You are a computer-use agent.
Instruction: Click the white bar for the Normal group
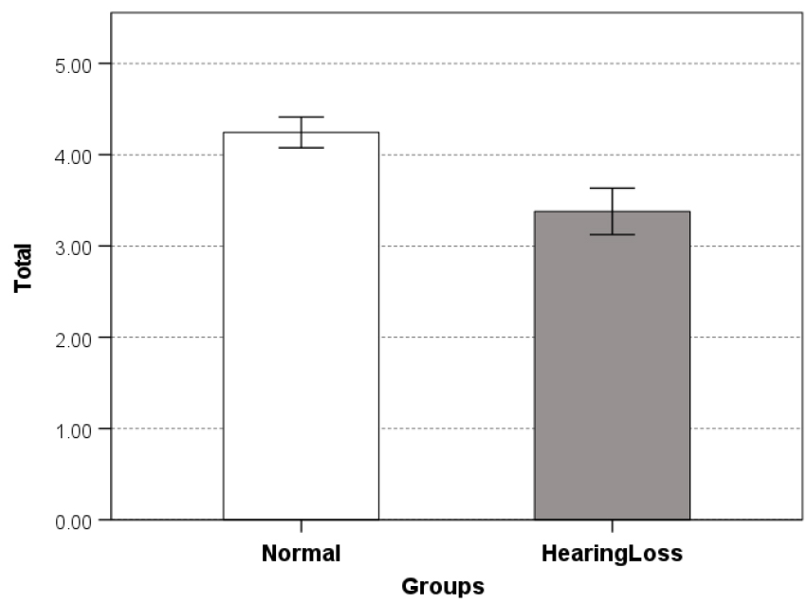click(x=301, y=327)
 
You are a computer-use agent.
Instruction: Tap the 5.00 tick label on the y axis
click(x=70, y=64)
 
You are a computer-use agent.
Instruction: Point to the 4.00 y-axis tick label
click(x=70, y=156)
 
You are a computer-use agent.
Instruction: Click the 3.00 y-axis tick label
click(x=70, y=247)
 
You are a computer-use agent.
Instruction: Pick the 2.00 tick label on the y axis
click(x=70, y=338)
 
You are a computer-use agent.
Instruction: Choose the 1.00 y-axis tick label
click(x=70, y=430)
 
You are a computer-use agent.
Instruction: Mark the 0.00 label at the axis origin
click(x=70, y=521)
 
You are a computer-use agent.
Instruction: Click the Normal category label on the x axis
click(x=301, y=554)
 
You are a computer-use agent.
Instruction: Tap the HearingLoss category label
click(x=612, y=554)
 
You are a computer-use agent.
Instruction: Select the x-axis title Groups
click(x=443, y=586)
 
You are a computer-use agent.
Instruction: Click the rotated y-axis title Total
click(x=24, y=267)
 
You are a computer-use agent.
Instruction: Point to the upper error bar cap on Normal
click(x=301, y=117)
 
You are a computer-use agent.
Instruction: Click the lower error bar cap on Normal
click(x=301, y=148)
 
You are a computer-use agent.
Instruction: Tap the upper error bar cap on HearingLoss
click(x=612, y=188)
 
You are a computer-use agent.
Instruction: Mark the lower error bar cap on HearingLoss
click(x=612, y=234)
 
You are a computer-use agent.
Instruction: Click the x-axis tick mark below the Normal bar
click(x=301, y=525)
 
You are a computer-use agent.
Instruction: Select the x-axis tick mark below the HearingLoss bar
click(x=612, y=525)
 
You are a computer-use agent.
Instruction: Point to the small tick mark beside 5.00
click(x=105, y=64)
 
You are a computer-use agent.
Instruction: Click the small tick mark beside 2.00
click(x=105, y=338)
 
